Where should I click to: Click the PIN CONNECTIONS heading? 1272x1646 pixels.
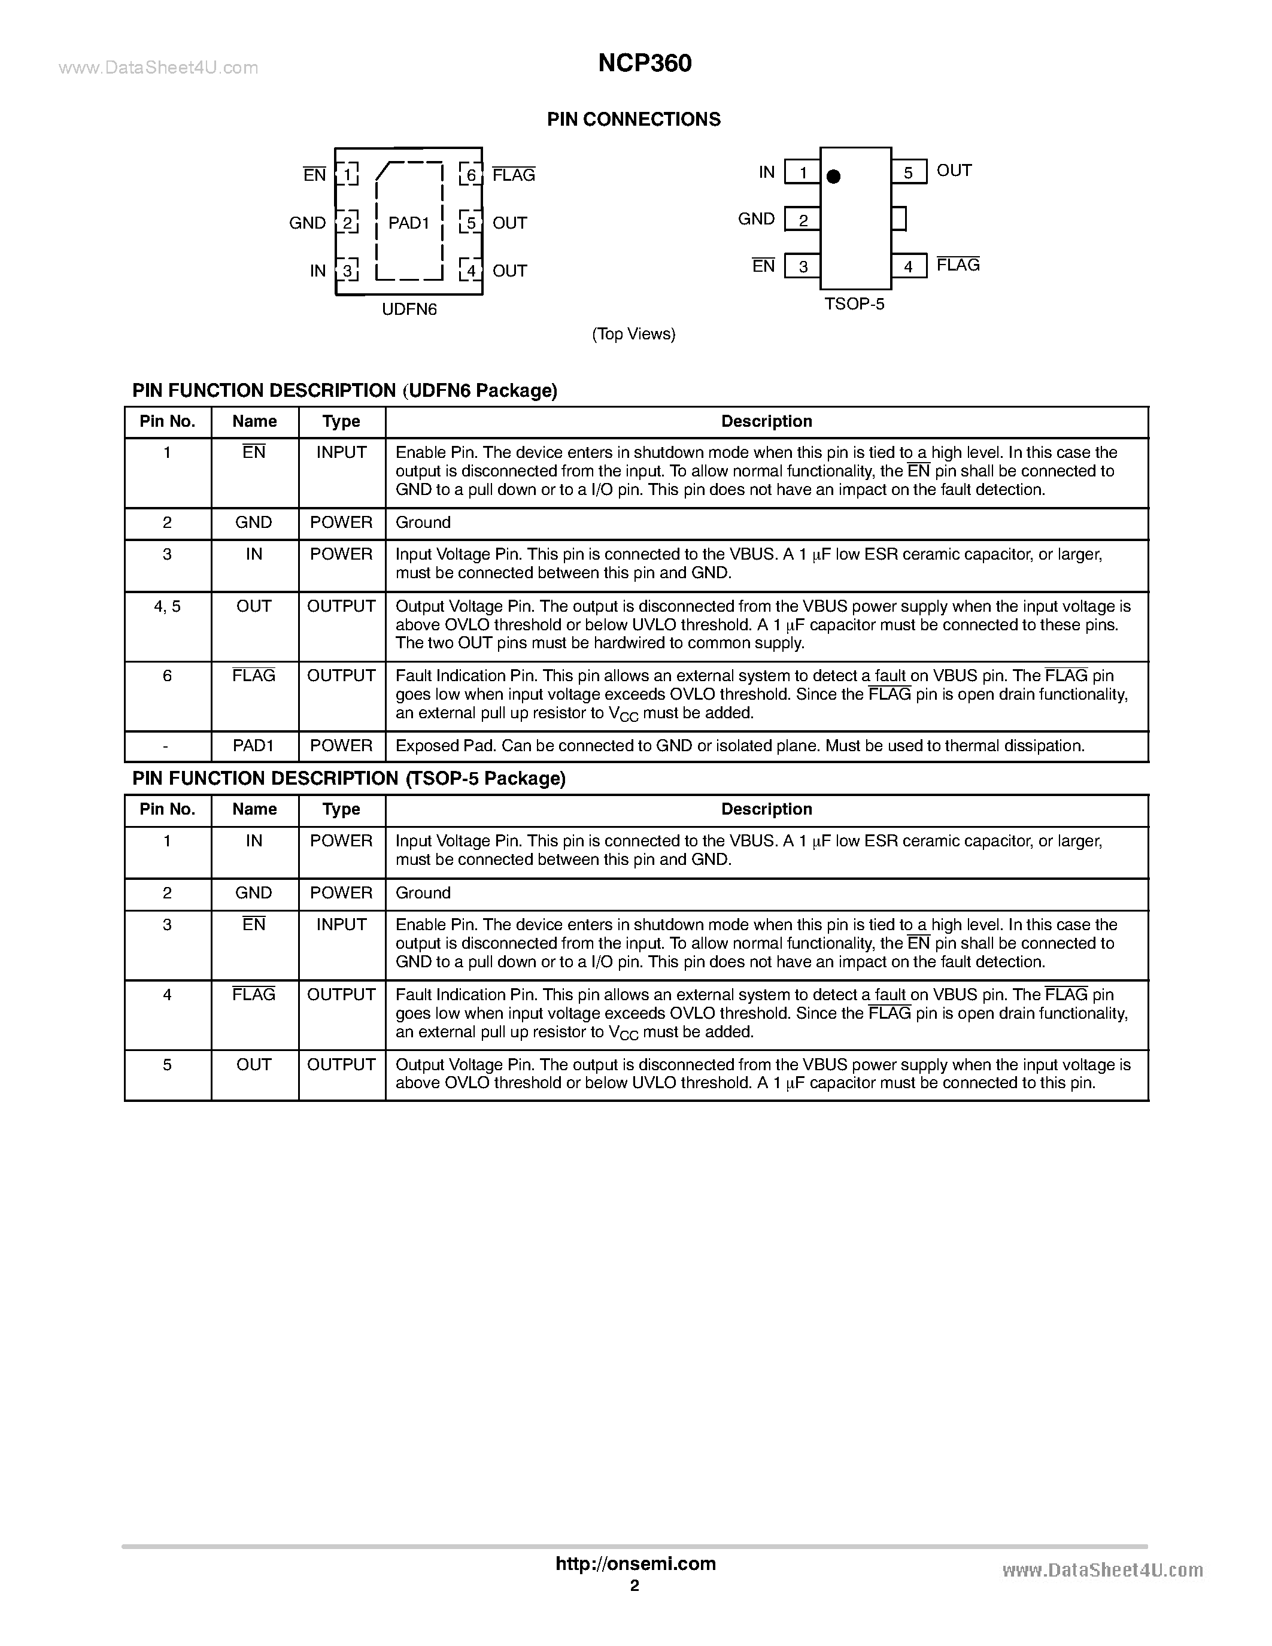tap(634, 119)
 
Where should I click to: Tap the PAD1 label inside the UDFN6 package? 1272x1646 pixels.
tap(408, 223)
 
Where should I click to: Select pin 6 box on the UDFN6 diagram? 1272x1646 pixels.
tap(471, 175)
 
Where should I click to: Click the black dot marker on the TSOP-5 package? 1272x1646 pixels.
tap(833, 177)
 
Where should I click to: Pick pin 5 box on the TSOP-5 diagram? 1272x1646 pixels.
tap(908, 172)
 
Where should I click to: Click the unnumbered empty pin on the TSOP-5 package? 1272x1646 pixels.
tap(898, 219)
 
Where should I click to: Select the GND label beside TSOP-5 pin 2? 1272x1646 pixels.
tap(756, 219)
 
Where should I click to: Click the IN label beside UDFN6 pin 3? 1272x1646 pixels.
tap(317, 271)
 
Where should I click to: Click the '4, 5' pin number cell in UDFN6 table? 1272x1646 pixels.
tap(167, 607)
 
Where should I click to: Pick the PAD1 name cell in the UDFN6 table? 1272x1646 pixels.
tap(254, 746)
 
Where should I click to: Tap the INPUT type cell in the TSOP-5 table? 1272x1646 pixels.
tap(341, 925)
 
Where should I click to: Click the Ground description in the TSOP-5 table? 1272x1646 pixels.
tap(423, 893)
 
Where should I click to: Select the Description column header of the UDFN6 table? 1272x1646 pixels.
tap(766, 422)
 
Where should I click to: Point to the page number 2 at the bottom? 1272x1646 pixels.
tap(635, 1586)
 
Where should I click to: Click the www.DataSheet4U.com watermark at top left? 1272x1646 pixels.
tap(158, 69)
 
